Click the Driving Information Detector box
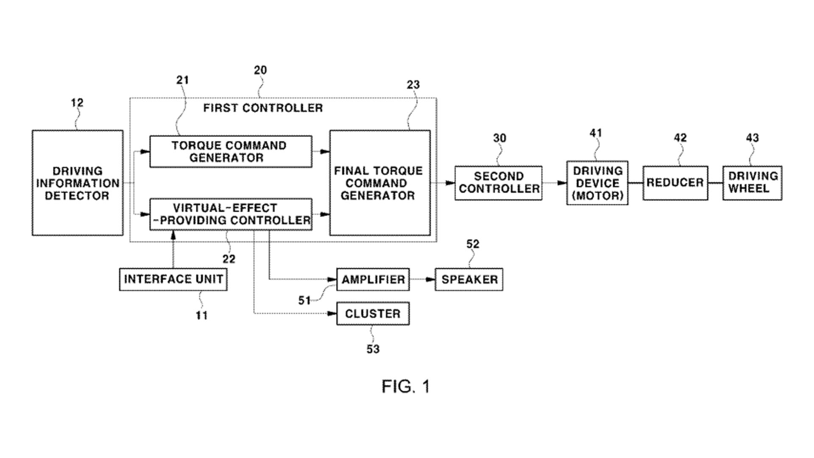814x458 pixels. pyautogui.click(x=78, y=183)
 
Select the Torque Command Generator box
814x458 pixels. pyautogui.click(x=231, y=151)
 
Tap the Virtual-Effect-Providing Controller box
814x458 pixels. pyautogui.click(x=231, y=214)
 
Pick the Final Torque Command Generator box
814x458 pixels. pyautogui.click(x=380, y=183)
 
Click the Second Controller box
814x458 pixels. pyautogui.click(x=499, y=183)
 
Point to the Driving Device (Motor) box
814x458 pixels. pyautogui.click(x=597, y=183)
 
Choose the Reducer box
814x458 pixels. pyautogui.click(x=675, y=183)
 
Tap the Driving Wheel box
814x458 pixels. pyautogui.click(x=753, y=183)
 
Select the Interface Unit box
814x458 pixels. pyautogui.click(x=173, y=279)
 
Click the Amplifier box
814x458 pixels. pyautogui.click(x=373, y=279)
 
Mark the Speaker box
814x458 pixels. pyautogui.click(x=469, y=279)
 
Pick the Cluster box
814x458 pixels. pyautogui.click(x=373, y=314)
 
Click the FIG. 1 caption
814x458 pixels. pyautogui.click(x=406, y=386)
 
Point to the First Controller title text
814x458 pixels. pyautogui.click(x=263, y=108)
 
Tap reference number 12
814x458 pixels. pyautogui.click(x=77, y=103)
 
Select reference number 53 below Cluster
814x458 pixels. pyautogui.click(x=373, y=349)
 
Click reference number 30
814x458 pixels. pyautogui.click(x=499, y=138)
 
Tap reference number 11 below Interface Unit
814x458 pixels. pyautogui.click(x=201, y=316)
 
